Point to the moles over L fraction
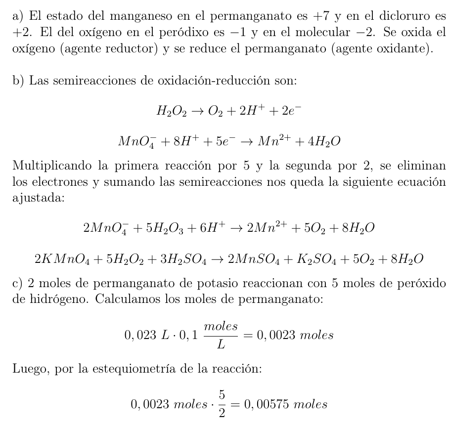pos(221,336)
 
